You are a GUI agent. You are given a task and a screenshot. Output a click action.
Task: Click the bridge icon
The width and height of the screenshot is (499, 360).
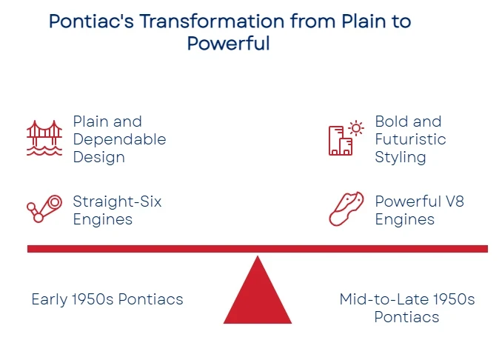click(x=44, y=138)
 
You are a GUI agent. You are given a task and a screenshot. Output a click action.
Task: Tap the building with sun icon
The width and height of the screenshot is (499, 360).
click(x=346, y=138)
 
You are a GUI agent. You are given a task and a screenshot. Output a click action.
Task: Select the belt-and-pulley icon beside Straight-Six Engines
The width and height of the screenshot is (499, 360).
click(x=44, y=209)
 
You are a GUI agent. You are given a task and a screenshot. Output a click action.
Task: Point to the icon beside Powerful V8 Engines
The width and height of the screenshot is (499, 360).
click(x=346, y=209)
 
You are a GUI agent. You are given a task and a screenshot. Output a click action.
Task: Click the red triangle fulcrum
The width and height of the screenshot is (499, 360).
click(x=258, y=296)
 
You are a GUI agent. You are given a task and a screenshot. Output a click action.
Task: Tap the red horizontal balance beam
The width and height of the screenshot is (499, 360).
click(x=258, y=249)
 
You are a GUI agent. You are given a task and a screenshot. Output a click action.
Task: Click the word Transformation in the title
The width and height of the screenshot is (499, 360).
click(x=212, y=21)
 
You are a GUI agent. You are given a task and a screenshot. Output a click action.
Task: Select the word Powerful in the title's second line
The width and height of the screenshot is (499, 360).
click(x=229, y=43)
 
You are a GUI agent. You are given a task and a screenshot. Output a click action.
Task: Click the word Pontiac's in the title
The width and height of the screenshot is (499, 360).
click(x=91, y=21)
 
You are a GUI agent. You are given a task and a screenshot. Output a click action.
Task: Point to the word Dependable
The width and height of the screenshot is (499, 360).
click(x=119, y=139)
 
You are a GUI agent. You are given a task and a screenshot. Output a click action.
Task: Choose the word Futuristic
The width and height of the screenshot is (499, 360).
click(x=411, y=139)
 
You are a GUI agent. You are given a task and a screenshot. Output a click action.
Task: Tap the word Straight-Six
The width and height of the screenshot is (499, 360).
click(x=117, y=201)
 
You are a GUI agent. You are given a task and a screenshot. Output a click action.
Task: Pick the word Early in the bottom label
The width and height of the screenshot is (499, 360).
click(x=50, y=299)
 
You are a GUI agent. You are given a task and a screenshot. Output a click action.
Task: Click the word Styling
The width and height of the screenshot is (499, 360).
click(x=401, y=158)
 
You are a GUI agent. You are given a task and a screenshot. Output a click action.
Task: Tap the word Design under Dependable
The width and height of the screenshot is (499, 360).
click(x=99, y=158)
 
